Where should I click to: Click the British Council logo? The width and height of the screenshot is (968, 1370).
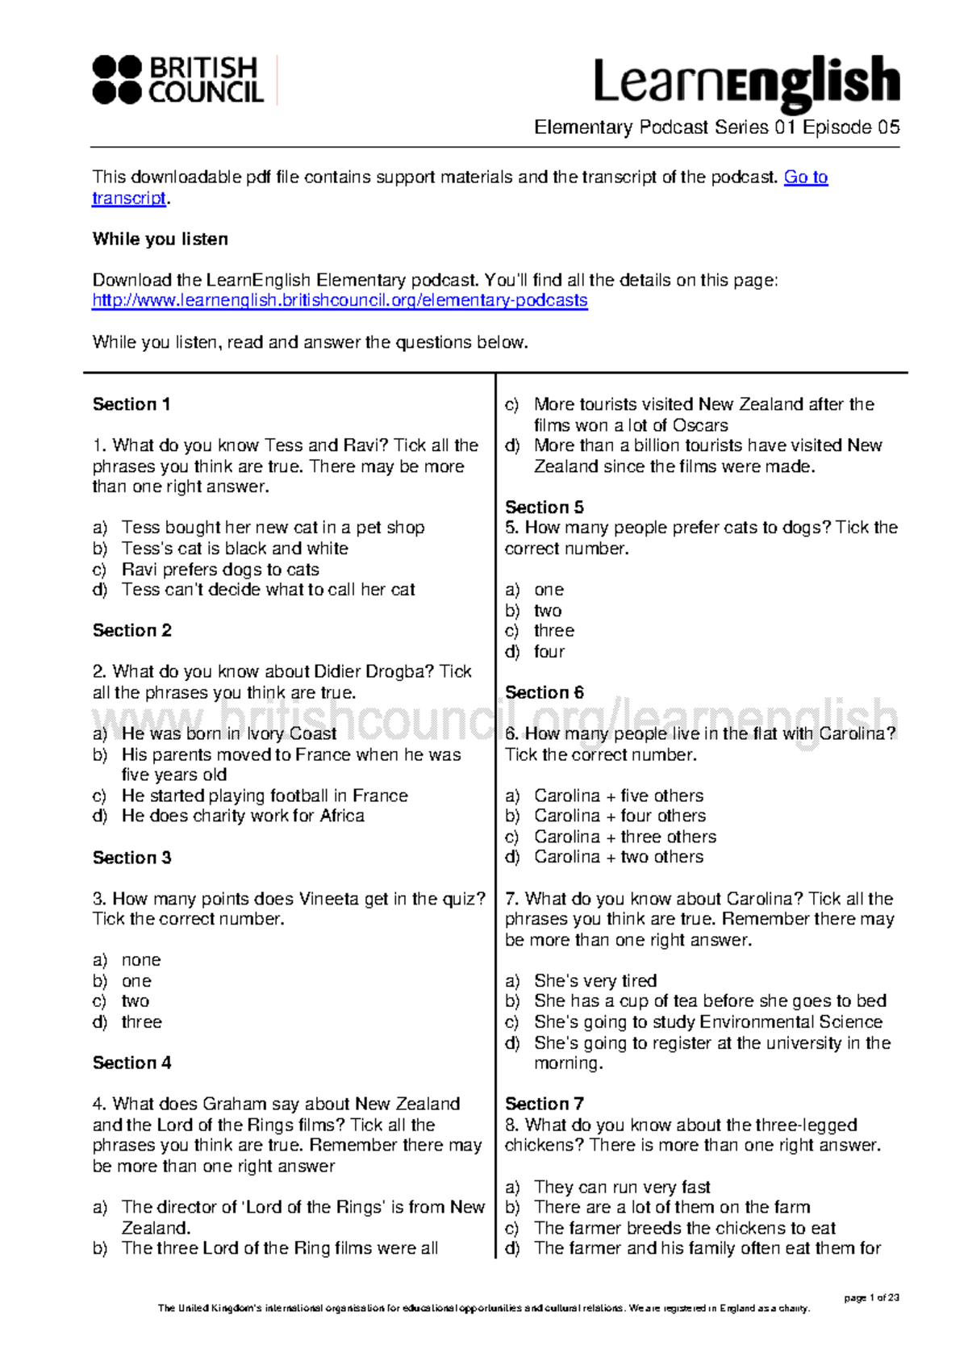[178, 80]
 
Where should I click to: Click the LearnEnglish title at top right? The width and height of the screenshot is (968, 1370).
[746, 82]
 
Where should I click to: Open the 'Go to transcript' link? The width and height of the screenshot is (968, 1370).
[805, 177]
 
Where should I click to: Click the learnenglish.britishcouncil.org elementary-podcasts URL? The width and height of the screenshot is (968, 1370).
[340, 301]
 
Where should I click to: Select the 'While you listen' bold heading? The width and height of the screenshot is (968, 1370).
[161, 239]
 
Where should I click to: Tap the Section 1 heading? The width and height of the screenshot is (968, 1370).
[131, 404]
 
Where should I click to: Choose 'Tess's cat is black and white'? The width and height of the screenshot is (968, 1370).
[235, 549]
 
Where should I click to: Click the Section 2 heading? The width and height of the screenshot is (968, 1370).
[132, 630]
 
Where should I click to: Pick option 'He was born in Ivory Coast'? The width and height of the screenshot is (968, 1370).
[229, 733]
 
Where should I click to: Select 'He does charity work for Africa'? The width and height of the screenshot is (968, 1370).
[243, 816]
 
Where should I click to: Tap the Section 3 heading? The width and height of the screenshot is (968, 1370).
[132, 858]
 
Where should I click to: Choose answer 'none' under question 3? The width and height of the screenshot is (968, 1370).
[141, 960]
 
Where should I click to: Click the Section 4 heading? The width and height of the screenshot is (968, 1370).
[132, 1063]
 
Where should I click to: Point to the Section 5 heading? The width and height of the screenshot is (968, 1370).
[544, 507]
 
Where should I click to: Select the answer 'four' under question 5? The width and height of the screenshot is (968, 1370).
[549, 652]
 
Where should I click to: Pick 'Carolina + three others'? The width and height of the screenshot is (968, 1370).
[625, 837]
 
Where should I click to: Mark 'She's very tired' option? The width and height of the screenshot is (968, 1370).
[595, 981]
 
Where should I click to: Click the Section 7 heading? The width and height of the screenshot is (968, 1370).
[544, 1104]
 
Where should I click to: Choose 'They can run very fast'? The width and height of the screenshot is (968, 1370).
[622, 1187]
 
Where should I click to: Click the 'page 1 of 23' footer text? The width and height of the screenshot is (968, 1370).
[871, 1298]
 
